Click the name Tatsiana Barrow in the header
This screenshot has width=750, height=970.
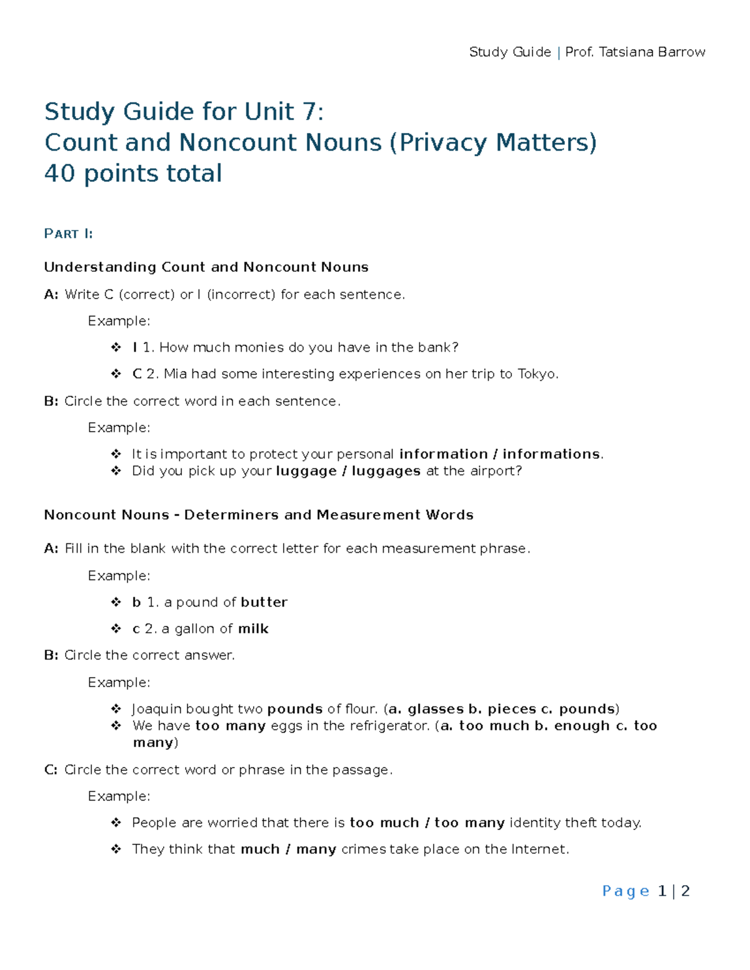[x=652, y=52]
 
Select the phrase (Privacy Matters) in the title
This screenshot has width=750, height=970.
[x=493, y=143]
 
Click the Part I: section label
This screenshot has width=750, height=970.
[x=69, y=234]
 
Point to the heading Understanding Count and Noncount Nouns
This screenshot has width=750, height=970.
[x=206, y=267]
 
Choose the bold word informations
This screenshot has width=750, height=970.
[x=551, y=454]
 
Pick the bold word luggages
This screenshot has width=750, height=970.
[x=386, y=471]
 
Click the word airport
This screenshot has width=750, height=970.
[x=495, y=471]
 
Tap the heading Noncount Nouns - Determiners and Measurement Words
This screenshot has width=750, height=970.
[x=259, y=515]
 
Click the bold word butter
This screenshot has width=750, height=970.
[x=264, y=602]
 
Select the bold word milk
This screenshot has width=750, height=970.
[x=253, y=629]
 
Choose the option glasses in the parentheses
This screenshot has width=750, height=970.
[x=435, y=709]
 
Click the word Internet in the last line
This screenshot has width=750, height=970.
[x=539, y=849]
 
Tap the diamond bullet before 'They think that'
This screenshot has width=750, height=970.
[x=116, y=849]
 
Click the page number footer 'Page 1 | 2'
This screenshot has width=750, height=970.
[x=646, y=891]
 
